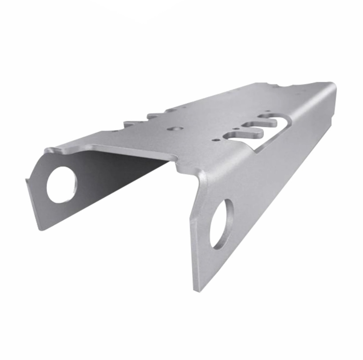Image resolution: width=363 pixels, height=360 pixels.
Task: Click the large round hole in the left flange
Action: pyautogui.click(x=62, y=184)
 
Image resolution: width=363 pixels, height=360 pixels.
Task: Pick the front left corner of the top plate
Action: pyautogui.click(x=49, y=150)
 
